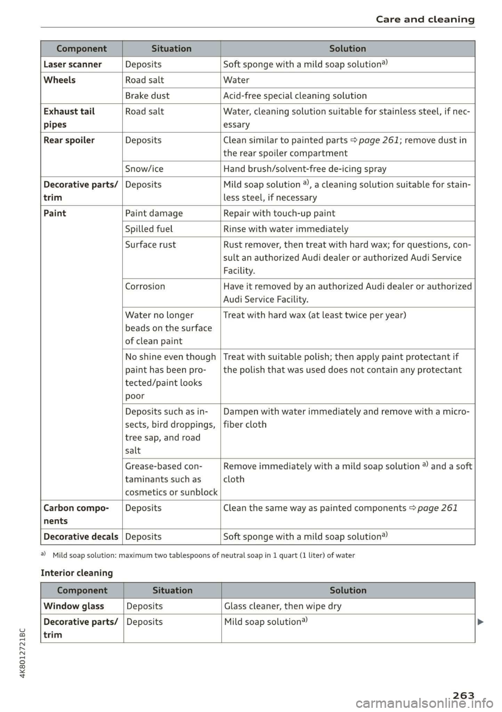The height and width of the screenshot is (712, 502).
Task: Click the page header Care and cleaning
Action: (x=425, y=19)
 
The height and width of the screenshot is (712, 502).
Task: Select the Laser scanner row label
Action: (x=73, y=64)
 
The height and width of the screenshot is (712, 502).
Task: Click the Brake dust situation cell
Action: (x=147, y=96)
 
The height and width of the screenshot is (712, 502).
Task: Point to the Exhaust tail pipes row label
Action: (x=69, y=118)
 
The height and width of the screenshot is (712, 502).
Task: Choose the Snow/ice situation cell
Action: (x=144, y=169)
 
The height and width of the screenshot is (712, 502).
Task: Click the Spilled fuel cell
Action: (x=149, y=229)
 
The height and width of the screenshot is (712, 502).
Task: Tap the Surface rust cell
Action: (x=151, y=244)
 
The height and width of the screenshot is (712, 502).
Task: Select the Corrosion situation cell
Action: (x=145, y=286)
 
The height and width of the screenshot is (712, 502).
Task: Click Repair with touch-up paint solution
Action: (x=279, y=213)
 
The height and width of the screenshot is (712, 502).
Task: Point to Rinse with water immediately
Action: (x=286, y=229)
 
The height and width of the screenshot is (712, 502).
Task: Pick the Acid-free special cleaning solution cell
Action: (x=295, y=96)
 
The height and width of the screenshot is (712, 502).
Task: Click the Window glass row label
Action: (x=74, y=606)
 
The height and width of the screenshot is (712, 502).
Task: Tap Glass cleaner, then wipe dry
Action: (x=283, y=606)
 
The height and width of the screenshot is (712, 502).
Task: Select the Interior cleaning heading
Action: (x=77, y=573)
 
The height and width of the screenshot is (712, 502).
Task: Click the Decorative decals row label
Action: (x=81, y=536)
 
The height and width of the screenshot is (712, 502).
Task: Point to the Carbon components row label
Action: (x=76, y=514)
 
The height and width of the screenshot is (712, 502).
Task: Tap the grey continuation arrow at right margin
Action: (x=480, y=622)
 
